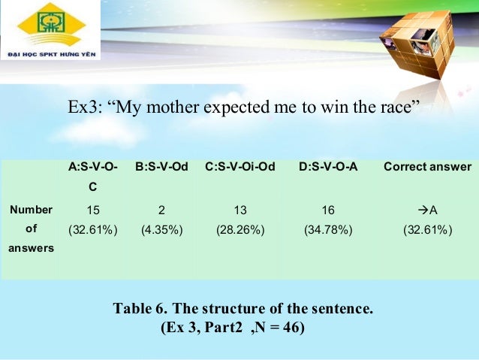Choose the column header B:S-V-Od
coord(161,167)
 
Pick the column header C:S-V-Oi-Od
coord(239,167)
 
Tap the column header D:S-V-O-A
coord(328,167)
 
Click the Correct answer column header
coord(427,167)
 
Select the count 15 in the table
coord(92,210)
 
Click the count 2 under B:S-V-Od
coord(161,210)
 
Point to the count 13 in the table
coord(239,210)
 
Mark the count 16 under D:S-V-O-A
coord(328,210)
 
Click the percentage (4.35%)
coord(161,229)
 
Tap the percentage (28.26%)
coord(239,229)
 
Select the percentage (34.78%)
coord(328,229)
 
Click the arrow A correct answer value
coord(427,210)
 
